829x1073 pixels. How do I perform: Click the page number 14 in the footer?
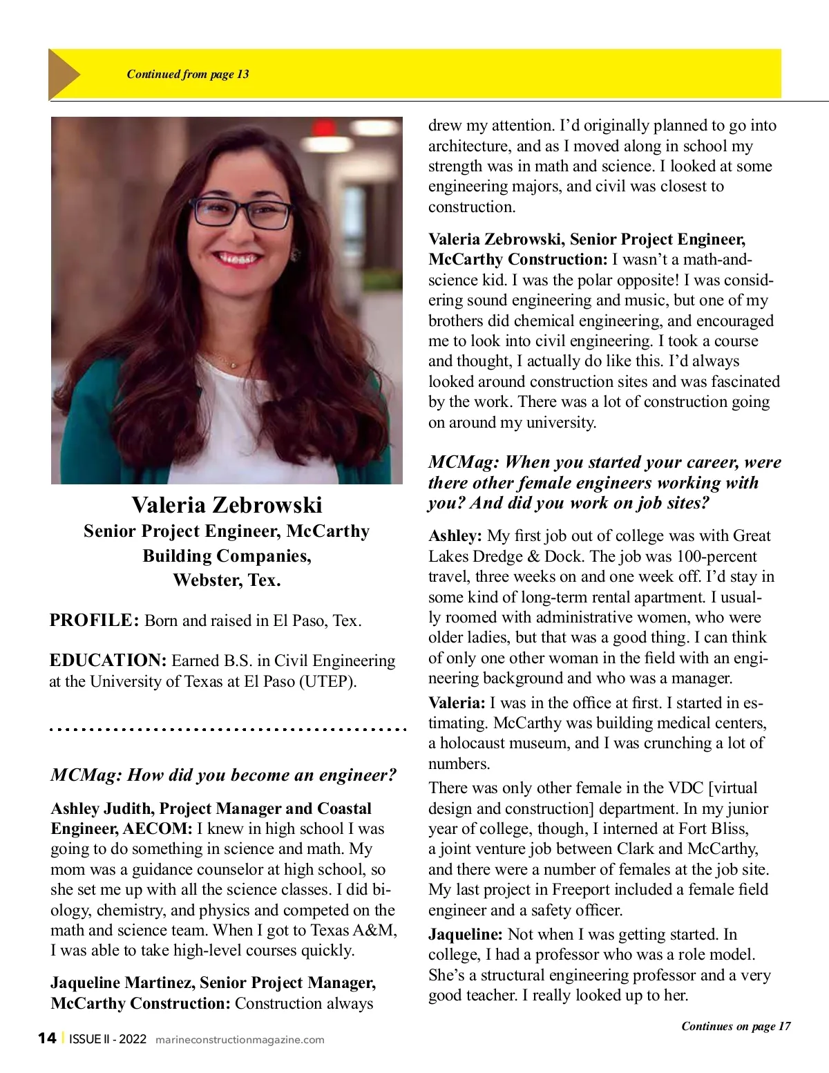47,1038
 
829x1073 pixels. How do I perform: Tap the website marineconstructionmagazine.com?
240,1040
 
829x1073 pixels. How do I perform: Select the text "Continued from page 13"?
188,74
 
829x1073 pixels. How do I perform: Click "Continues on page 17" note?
736,1026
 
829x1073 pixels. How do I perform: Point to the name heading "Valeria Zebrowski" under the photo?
227,505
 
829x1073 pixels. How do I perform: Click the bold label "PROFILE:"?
95,620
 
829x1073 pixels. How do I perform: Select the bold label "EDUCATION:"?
108,661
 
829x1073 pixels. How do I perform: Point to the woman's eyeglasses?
241,213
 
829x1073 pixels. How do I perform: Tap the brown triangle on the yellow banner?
64,74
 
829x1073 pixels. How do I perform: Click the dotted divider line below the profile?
227,729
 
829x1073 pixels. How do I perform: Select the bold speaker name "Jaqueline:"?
466,934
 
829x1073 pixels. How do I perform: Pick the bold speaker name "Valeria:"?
457,703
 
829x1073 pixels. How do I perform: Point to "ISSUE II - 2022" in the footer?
108,1039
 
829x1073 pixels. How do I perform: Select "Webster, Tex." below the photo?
227,580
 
